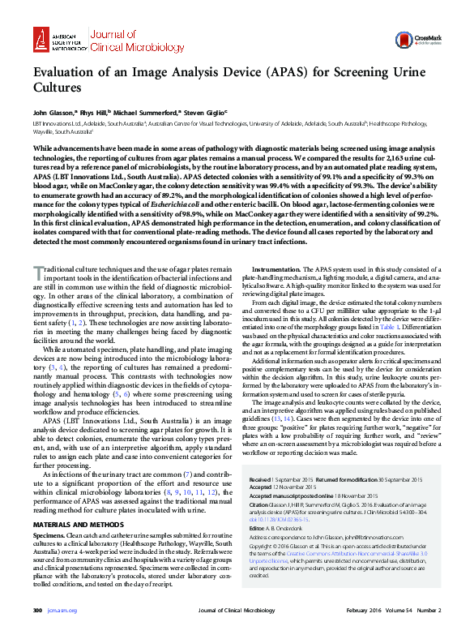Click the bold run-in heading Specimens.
[x=49, y=513]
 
